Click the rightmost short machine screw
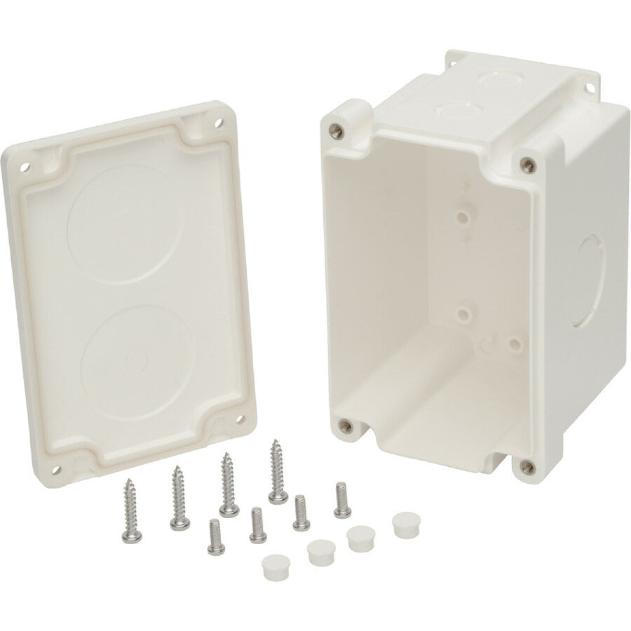click(341, 498)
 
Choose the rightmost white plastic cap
click(403, 522)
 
